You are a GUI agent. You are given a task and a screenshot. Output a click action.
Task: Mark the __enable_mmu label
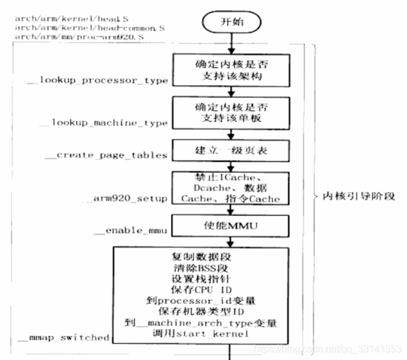(126, 233)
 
